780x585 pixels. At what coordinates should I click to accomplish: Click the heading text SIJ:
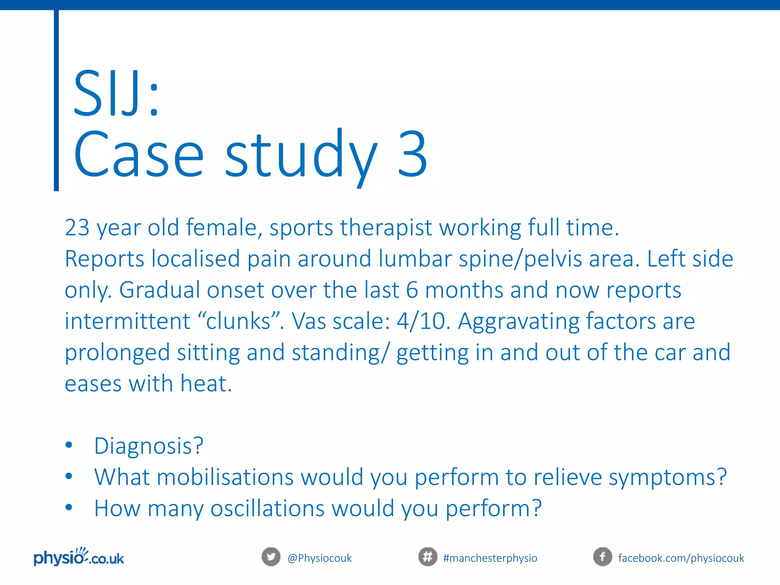(116, 93)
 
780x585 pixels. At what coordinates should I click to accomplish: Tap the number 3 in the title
(412, 154)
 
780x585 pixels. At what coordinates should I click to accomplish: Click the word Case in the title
(139, 154)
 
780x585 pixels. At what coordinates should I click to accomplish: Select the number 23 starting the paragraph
(77, 228)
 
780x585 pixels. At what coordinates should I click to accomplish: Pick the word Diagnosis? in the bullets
(149, 446)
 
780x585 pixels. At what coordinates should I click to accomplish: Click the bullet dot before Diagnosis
(69, 445)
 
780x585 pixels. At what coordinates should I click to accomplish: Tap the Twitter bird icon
(271, 557)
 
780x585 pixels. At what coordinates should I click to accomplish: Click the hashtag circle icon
(428, 557)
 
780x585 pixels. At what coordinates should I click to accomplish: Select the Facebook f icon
(603, 557)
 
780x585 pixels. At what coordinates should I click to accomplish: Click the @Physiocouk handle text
(320, 558)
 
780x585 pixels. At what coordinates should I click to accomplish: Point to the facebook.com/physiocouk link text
(681, 558)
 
